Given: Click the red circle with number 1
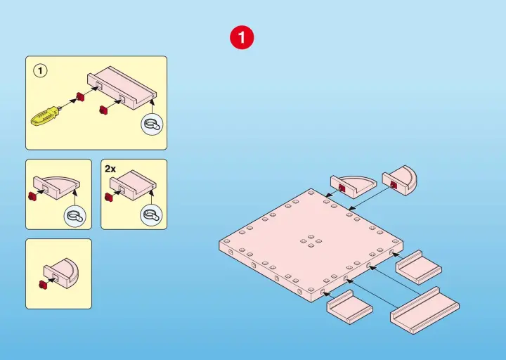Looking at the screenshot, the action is (242, 37).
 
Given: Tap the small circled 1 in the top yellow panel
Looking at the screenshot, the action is (40, 71).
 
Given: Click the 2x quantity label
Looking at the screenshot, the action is (110, 169).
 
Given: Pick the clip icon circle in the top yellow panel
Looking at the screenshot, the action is (152, 124).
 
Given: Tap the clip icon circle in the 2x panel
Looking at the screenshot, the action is (151, 215).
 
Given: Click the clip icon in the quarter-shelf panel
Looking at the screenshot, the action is (75, 216).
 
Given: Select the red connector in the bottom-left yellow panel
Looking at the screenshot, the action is (42, 285).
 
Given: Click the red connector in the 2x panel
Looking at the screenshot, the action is (109, 197).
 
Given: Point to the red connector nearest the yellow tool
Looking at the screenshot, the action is (80, 96).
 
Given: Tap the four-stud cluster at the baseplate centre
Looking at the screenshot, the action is (311, 241).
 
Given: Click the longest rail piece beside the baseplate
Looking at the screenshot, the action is (424, 310).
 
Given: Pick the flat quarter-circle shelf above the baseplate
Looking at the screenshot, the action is (353, 186).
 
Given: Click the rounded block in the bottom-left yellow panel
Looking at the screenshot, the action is (62, 274).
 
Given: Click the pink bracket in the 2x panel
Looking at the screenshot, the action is (134, 185).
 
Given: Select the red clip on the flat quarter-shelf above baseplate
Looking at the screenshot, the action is (342, 188).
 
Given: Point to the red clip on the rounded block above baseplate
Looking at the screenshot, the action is (393, 185).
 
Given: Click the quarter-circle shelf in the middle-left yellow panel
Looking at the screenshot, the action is (57, 188).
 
